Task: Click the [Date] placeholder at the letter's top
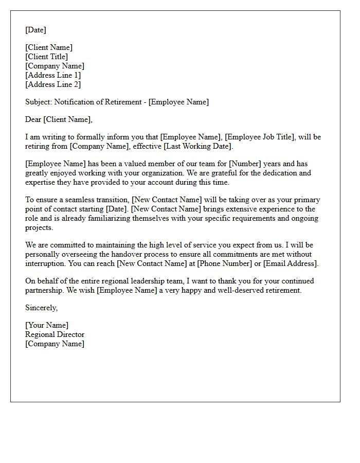point(35,30)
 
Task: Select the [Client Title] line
point(46,57)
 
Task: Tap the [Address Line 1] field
point(53,76)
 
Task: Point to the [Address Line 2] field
point(53,85)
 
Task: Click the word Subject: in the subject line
point(39,102)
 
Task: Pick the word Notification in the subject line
point(75,102)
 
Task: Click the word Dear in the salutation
point(33,120)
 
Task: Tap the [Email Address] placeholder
point(290,264)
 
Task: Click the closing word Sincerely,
point(41,308)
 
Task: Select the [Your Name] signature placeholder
point(47,326)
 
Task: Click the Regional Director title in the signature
point(55,335)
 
